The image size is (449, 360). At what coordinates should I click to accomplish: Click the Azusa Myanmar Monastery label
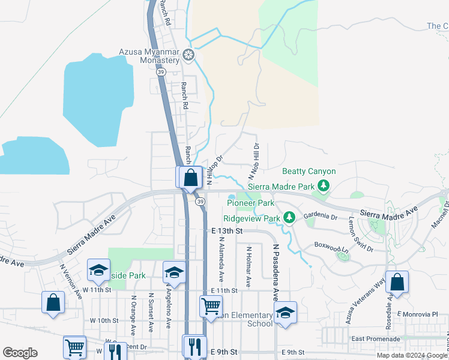pos(149,56)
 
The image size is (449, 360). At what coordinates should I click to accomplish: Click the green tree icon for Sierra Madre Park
pos(324,185)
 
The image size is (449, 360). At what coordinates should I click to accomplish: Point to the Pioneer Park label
pos(250,203)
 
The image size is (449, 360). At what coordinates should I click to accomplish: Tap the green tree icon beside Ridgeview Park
pos(289,217)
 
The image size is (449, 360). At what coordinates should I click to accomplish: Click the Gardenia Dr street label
pos(320,216)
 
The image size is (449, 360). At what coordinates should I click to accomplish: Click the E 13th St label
pos(228,230)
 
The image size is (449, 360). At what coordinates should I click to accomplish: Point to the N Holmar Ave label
pos(247,265)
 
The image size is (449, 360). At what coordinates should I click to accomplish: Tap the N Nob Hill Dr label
pos(254,161)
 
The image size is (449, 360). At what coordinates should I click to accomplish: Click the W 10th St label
pos(104,320)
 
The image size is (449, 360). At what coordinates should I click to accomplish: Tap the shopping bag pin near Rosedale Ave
pos(397,282)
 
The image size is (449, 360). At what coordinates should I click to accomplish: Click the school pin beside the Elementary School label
pos(285,313)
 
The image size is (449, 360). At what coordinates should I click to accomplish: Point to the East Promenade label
pos(375,339)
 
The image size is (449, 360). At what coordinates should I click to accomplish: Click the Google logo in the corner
pos(20,353)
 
